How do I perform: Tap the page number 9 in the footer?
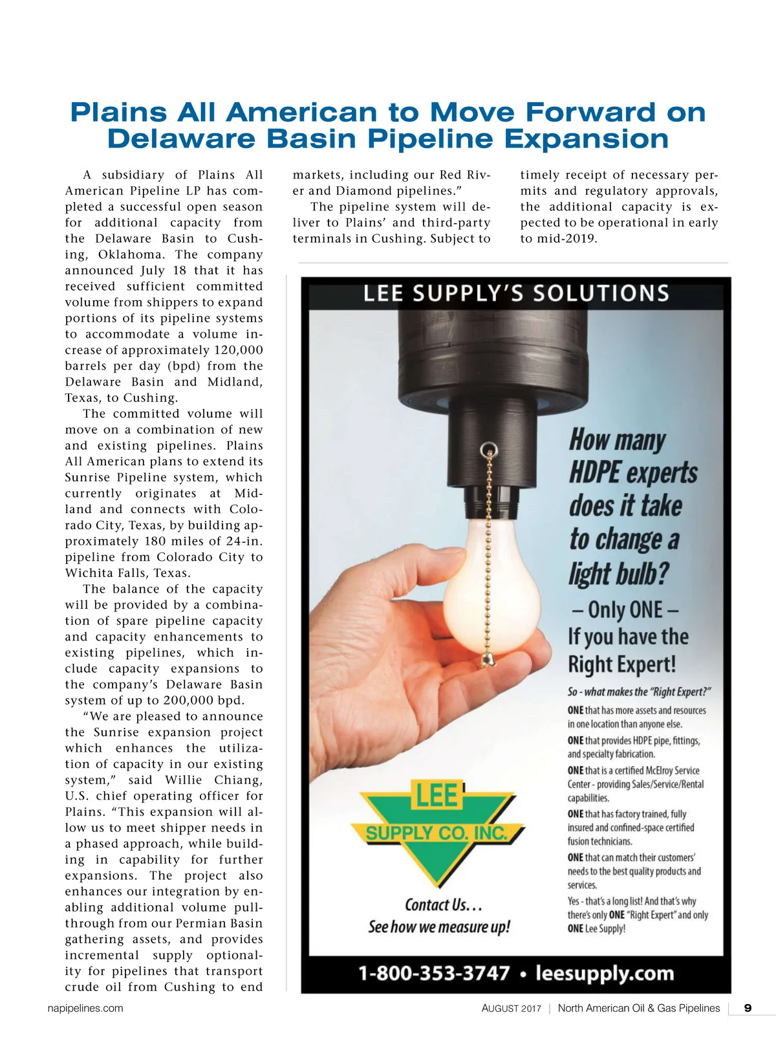(x=748, y=1008)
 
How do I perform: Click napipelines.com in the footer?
(x=85, y=1008)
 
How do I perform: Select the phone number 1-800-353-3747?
(x=434, y=973)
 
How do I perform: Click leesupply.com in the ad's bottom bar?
(x=605, y=973)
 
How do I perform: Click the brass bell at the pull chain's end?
(x=485, y=660)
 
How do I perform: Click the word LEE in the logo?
(x=438, y=796)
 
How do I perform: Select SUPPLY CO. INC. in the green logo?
(x=437, y=833)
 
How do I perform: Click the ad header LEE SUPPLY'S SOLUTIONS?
(x=516, y=294)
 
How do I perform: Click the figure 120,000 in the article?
(x=237, y=350)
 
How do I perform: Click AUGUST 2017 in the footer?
(x=511, y=1008)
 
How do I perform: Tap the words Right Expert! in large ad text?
(x=621, y=664)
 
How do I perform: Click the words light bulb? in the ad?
(x=619, y=574)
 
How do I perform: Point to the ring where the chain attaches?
(x=490, y=448)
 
